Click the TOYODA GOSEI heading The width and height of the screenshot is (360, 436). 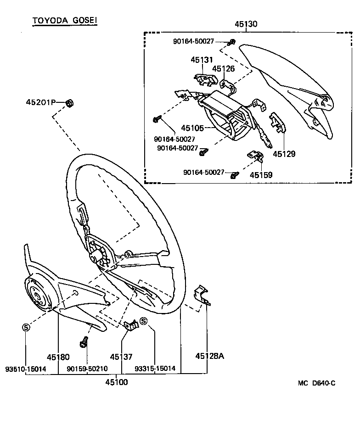(x=64, y=21)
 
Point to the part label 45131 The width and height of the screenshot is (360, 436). (x=202, y=60)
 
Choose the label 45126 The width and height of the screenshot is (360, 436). (x=223, y=69)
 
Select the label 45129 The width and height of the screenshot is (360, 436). (x=284, y=153)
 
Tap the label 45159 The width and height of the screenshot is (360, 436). (x=261, y=175)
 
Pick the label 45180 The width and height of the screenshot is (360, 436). (x=58, y=357)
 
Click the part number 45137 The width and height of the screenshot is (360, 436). (x=121, y=357)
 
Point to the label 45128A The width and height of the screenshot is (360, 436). (x=209, y=356)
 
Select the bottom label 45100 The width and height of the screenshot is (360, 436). (x=117, y=382)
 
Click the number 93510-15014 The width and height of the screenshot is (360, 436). (x=26, y=369)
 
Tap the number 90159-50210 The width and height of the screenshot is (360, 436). (x=87, y=369)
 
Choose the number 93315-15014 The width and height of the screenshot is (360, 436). (x=155, y=369)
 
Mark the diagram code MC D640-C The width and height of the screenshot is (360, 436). (x=316, y=383)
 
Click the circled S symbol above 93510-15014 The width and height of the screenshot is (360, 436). (x=26, y=327)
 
